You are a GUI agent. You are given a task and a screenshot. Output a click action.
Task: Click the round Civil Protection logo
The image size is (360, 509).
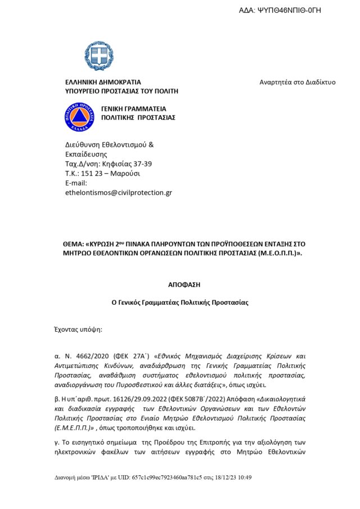coord(80,116)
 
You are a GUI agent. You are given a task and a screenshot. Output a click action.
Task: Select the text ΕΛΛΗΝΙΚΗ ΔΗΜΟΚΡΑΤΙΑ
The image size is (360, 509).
coord(103,82)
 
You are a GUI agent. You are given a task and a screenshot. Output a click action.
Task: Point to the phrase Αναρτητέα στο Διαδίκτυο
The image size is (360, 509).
coord(297,82)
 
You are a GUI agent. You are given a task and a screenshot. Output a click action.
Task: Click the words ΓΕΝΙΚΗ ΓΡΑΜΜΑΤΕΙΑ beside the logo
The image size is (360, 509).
coord(133,109)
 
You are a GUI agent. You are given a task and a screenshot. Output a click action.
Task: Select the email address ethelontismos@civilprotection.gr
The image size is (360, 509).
coord(119,192)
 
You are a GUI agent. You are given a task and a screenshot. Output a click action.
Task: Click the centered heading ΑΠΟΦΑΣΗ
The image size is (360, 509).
coord(184,285)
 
